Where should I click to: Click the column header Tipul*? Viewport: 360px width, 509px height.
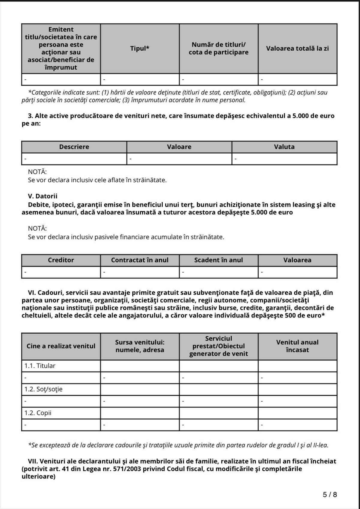click(139, 49)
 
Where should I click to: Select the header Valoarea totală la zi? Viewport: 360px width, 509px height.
click(297, 49)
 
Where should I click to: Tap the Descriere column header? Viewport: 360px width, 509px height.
click(74, 147)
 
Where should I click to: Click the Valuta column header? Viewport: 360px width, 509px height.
click(284, 147)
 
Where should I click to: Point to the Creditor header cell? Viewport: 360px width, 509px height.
click(61, 260)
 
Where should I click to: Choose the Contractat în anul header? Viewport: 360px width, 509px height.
click(140, 260)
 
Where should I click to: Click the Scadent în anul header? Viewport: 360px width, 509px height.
click(218, 260)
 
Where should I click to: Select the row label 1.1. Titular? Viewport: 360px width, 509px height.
click(40, 366)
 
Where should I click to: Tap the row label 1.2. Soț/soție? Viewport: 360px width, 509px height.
click(43, 389)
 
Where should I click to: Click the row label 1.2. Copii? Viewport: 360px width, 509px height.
click(38, 413)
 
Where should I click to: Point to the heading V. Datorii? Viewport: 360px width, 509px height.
click(43, 196)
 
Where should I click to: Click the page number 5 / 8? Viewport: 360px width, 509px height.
click(330, 495)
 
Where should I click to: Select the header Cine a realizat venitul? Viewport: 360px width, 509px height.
click(61, 346)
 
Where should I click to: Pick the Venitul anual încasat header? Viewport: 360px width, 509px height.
click(297, 346)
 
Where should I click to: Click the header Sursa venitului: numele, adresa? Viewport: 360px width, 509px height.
click(140, 346)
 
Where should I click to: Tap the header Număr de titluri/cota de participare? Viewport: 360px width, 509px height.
click(219, 49)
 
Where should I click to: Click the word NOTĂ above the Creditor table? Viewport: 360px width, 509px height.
click(37, 228)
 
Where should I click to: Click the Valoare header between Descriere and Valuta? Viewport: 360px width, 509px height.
click(179, 147)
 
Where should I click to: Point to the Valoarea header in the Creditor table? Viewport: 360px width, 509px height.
click(297, 260)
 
